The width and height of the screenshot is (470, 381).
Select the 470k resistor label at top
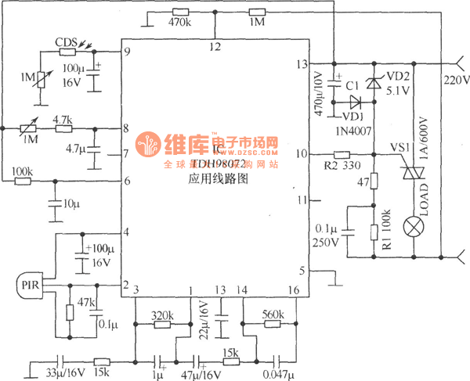click(x=179, y=23)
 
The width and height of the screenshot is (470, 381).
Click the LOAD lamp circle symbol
click(x=411, y=227)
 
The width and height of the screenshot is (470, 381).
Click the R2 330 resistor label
click(x=340, y=166)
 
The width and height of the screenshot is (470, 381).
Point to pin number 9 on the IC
click(x=126, y=52)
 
